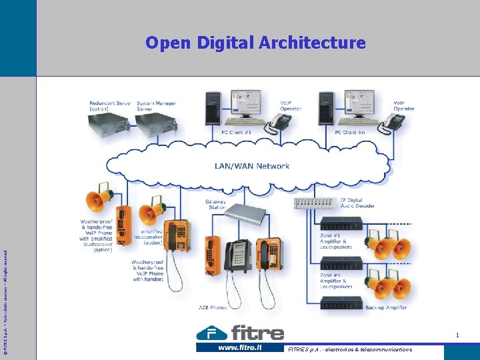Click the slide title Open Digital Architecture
[255, 43]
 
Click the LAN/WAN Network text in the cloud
[251, 166]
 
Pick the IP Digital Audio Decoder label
[357, 203]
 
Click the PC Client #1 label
[237, 132]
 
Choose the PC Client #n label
[350, 132]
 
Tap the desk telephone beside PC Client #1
[280, 121]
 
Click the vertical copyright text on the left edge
[6, 293]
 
